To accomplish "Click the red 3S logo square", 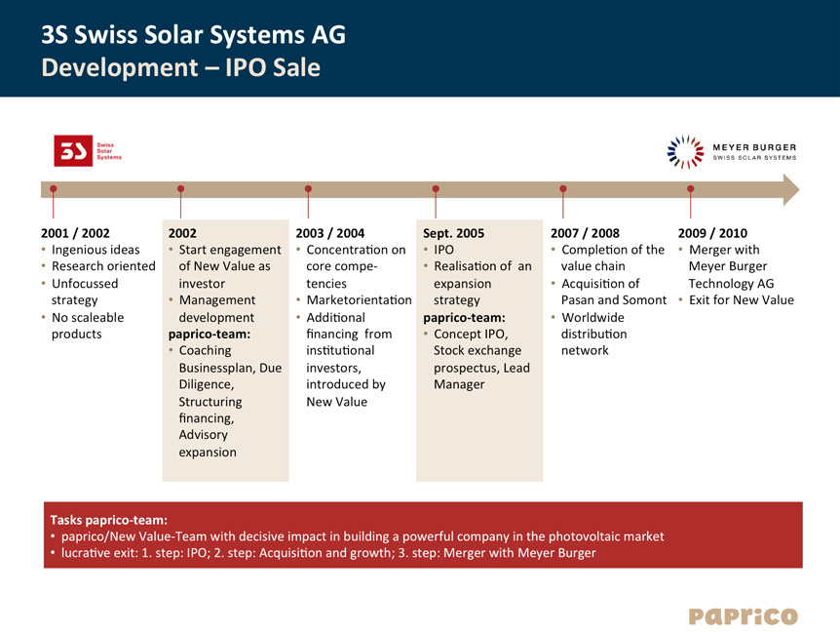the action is pos(73,150).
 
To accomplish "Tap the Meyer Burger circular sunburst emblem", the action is pos(685,152).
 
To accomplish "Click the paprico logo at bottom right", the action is pos(743,616).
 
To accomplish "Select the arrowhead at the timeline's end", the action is pos(790,190).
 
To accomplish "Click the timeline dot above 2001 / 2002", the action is pos(53,188).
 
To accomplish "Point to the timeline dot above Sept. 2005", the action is pos(436,188).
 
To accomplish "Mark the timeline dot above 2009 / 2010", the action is pos(691,188).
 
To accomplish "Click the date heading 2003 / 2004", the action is pos(330,233).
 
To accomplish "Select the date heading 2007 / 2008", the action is pos(585,233).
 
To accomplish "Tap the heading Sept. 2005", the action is pos(454,233).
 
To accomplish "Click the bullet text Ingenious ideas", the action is pos(95,250).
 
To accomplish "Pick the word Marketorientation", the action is pos(359,300).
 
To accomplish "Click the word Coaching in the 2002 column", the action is pos(206,350).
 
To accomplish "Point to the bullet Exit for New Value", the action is pos(742,300).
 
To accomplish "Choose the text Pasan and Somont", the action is pos(614,300).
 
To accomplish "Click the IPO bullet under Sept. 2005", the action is pos(443,250).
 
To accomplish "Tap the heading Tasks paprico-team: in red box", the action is pos(109,520).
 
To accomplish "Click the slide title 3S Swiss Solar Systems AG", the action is pos(193,35).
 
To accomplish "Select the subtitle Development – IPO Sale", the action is pos(181,67).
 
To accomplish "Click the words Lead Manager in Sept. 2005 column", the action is pos(481,375).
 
